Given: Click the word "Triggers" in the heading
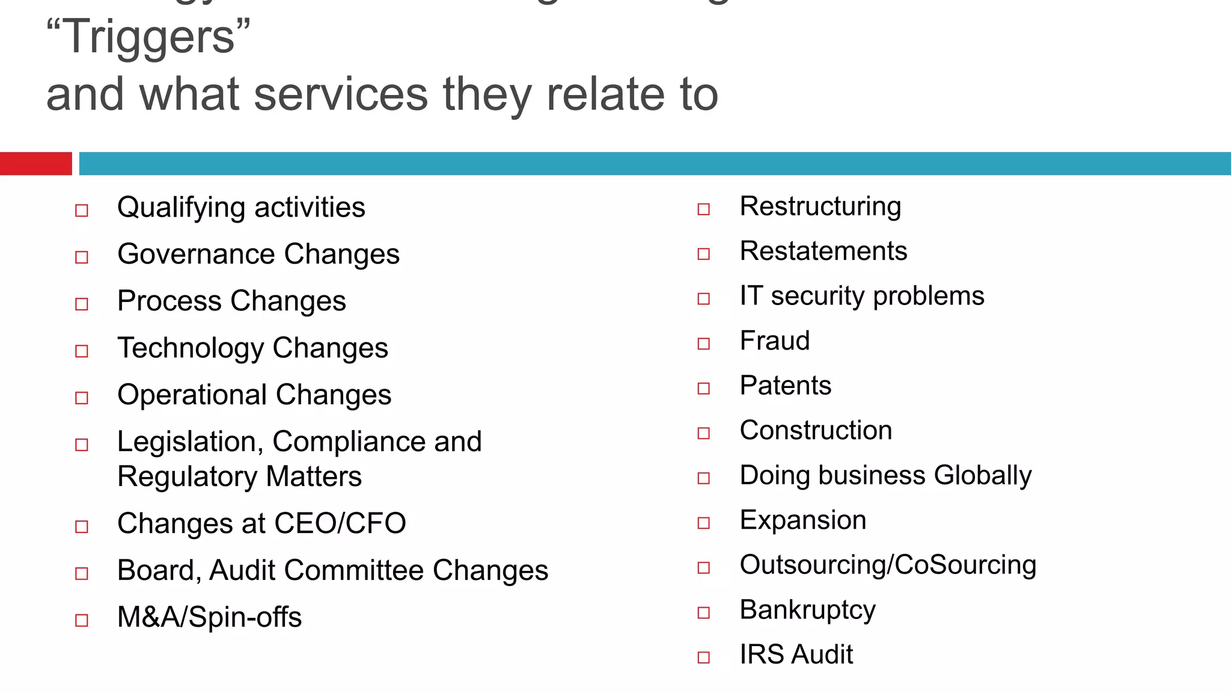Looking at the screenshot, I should point(148,37).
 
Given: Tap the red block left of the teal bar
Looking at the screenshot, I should point(35,164).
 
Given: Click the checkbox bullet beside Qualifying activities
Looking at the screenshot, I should point(82,211).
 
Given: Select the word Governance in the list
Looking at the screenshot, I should point(196,254).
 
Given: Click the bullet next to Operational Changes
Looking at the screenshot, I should point(82,398).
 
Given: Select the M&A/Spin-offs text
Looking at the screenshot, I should point(209,617).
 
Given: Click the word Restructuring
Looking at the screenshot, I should point(820,207).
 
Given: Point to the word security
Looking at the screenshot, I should point(817,296).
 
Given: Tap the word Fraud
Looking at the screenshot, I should point(775,341).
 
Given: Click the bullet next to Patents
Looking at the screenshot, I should point(704,389).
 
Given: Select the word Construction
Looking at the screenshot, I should point(816,431).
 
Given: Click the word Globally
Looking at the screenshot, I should point(983,476).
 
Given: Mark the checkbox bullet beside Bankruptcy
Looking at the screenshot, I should point(704,613).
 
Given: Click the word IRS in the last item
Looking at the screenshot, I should point(760,654).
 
